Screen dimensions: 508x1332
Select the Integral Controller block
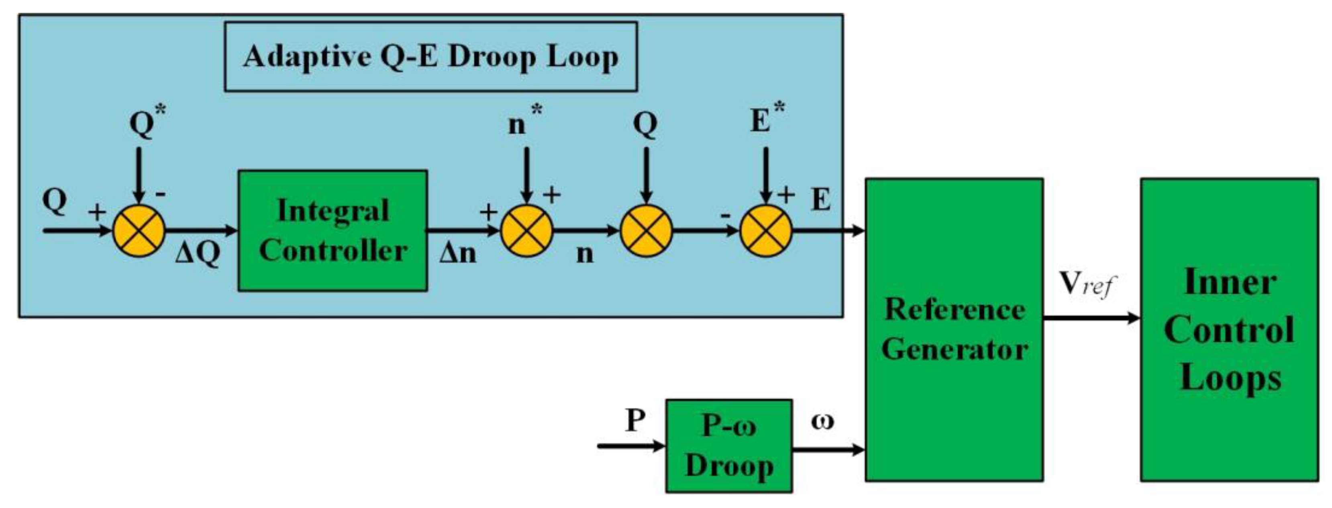[x=332, y=230]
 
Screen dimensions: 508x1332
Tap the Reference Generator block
[x=954, y=330]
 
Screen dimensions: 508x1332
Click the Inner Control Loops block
[x=1229, y=330]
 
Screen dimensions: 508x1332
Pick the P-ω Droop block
[x=728, y=445]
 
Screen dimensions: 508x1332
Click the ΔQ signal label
[x=198, y=254]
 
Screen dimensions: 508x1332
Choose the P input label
[x=635, y=420]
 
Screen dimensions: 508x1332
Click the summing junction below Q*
[x=139, y=230]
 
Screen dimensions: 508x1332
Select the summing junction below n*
[x=526, y=230]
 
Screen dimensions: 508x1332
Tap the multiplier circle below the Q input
[x=646, y=230]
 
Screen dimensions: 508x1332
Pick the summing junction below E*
[x=766, y=230]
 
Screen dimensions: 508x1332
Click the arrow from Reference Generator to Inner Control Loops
[x=1091, y=318]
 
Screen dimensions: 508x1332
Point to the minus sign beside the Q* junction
[x=160, y=194]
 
